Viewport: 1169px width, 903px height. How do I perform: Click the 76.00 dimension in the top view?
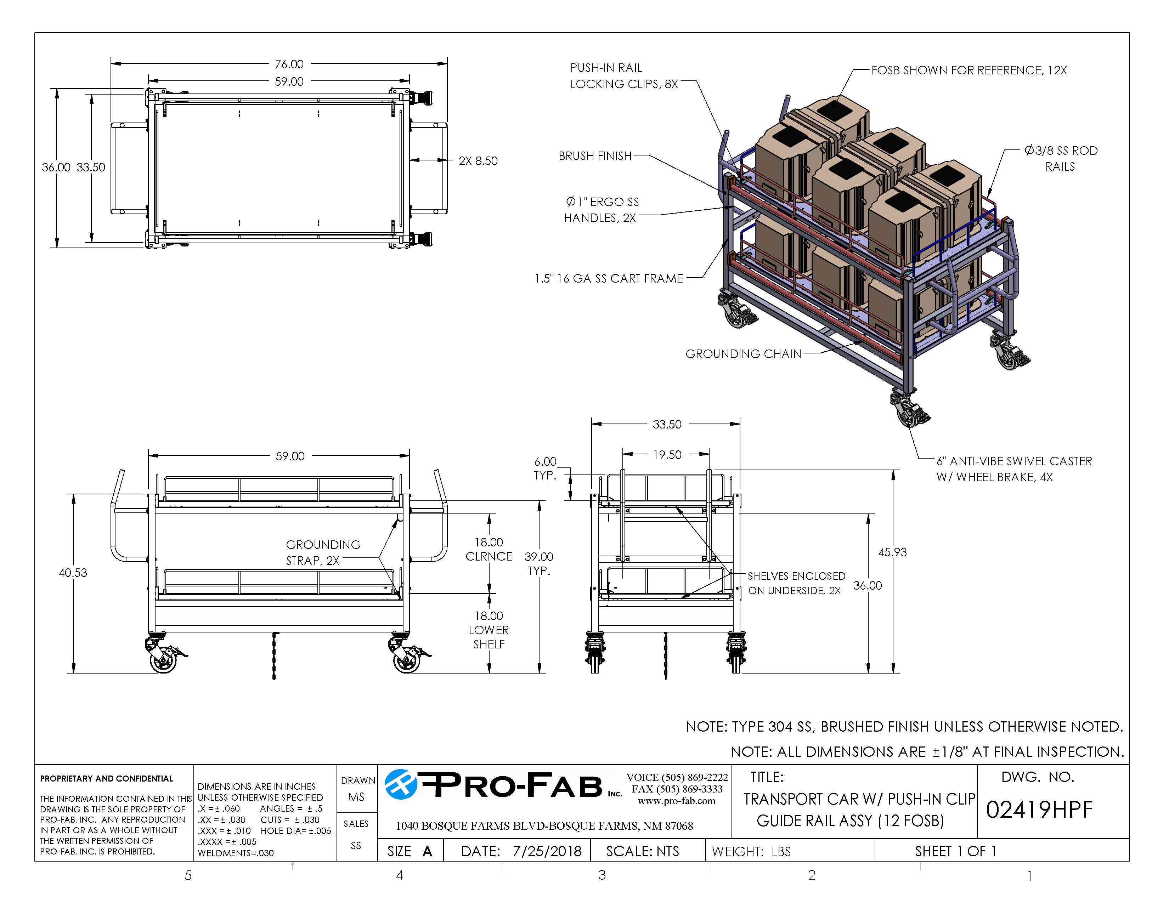pyautogui.click(x=289, y=64)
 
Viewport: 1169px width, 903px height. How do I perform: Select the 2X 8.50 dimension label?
pyautogui.click(x=478, y=161)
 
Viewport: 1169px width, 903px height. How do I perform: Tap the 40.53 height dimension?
pyautogui.click(x=73, y=573)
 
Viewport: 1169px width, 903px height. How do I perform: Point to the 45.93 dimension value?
pyautogui.click(x=892, y=552)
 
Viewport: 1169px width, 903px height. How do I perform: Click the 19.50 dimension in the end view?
pyautogui.click(x=667, y=455)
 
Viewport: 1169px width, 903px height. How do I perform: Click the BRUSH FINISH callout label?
pyautogui.click(x=595, y=156)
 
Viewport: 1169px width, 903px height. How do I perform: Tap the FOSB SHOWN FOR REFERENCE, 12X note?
pyautogui.click(x=969, y=70)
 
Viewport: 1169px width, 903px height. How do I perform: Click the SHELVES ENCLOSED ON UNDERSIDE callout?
pyautogui.click(x=796, y=583)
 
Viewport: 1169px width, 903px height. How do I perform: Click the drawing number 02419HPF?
pyautogui.click(x=1039, y=810)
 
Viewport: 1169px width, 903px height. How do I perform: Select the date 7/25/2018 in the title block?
pyautogui.click(x=547, y=851)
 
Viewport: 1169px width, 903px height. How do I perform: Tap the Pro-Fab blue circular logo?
pyautogui.click(x=400, y=785)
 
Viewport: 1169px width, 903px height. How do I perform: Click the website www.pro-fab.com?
pyautogui.click(x=676, y=801)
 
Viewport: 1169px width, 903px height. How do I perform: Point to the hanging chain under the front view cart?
pyautogui.click(x=274, y=656)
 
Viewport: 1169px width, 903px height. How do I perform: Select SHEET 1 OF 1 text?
pyautogui.click(x=955, y=851)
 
